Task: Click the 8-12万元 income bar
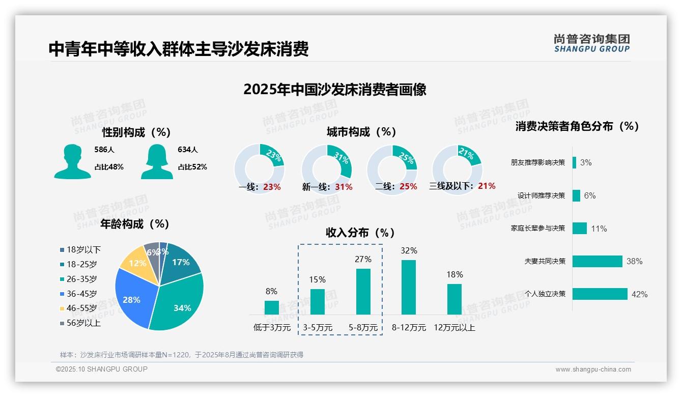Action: [409, 287]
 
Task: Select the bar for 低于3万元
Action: [272, 307]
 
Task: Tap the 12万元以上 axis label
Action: [454, 328]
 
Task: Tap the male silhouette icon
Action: [72, 162]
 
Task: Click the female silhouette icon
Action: [157, 162]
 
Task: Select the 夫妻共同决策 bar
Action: [598, 261]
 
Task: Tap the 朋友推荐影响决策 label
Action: [538, 163]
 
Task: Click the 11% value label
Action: [599, 229]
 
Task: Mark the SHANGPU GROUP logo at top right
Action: [592, 43]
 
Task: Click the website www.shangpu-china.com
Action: [593, 370]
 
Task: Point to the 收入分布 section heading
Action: [360, 233]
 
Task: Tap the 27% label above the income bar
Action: [363, 259]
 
